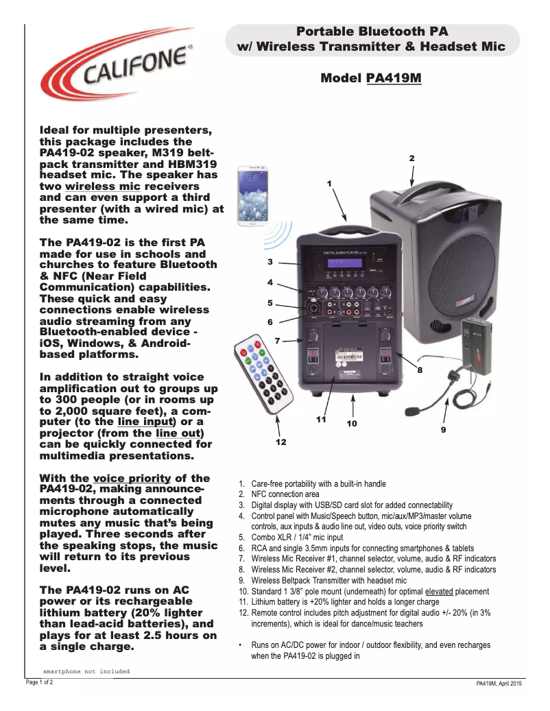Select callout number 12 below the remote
280,443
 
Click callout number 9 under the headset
443,430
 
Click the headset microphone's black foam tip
413,411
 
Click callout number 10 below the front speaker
351,424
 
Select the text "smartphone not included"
86,671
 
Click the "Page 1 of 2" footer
39,683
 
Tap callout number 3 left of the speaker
270,262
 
